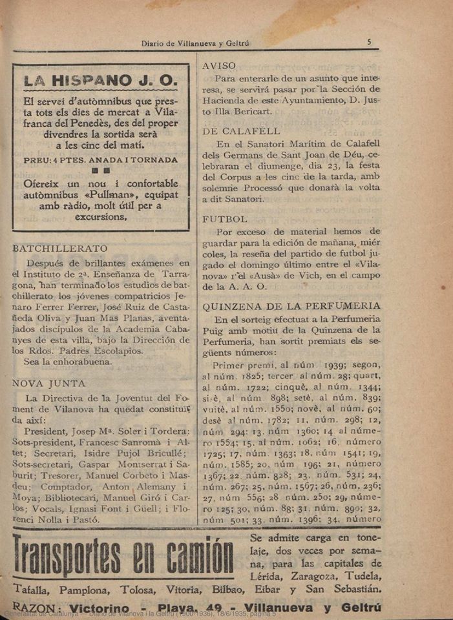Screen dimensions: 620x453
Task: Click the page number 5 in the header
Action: click(368, 42)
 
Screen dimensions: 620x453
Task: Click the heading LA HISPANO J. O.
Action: click(100, 81)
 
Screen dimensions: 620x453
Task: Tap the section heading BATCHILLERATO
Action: click(60, 248)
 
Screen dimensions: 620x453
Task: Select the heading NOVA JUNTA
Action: click(49, 383)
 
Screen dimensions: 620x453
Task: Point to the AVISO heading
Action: click(219, 66)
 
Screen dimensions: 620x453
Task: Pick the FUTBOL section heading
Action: click(224, 219)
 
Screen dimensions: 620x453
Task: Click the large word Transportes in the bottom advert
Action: click(78, 557)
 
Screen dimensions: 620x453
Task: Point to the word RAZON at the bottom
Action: click(36, 608)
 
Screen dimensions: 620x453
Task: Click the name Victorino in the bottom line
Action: click(108, 608)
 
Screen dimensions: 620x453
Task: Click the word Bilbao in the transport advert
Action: click(255, 590)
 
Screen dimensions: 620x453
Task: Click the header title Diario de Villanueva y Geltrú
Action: click(195, 43)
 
